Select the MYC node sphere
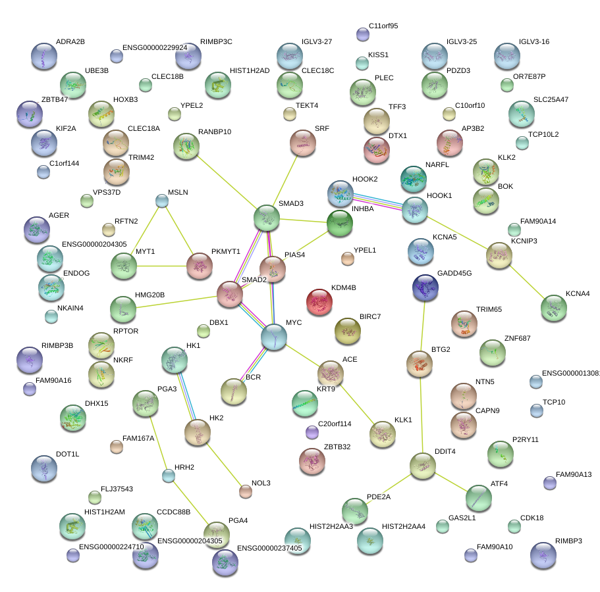(273, 337)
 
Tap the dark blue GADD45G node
(425, 287)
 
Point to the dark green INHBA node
(340, 223)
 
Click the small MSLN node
(162, 201)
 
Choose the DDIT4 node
(423, 465)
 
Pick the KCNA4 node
(553, 307)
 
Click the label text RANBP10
(215, 132)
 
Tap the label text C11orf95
(383, 26)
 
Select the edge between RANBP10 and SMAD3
(227, 182)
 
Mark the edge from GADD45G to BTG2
(422, 326)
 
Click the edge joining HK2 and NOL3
(223, 462)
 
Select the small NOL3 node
(246, 490)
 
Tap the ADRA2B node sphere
(44, 56)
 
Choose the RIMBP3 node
(543, 555)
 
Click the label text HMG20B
(150, 295)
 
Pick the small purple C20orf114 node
(312, 432)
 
